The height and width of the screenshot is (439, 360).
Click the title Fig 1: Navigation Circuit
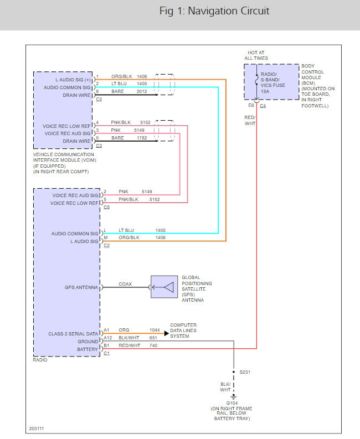pyautogui.click(x=214, y=12)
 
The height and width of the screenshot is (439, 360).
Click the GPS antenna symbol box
pyautogui.click(x=164, y=287)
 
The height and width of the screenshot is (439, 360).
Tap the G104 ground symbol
pyautogui.click(x=234, y=396)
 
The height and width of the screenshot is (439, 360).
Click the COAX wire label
pyautogui.click(x=125, y=284)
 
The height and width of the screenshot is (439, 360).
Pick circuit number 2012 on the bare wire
pyautogui.click(x=142, y=91)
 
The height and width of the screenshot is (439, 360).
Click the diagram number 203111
pyautogui.click(x=37, y=429)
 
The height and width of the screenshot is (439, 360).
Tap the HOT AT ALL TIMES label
pyautogui.click(x=256, y=55)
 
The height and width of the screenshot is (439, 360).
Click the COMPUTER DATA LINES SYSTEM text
pyautogui.click(x=183, y=330)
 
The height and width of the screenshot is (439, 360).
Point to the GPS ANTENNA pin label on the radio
pyautogui.click(x=81, y=287)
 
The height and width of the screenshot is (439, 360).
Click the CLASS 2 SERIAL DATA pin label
pyautogui.click(x=73, y=334)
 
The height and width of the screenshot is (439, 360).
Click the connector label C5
pyautogui.click(x=106, y=208)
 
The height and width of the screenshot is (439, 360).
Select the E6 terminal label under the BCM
pyautogui.click(x=251, y=105)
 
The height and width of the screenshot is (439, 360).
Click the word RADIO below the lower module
pyautogui.click(x=40, y=359)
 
